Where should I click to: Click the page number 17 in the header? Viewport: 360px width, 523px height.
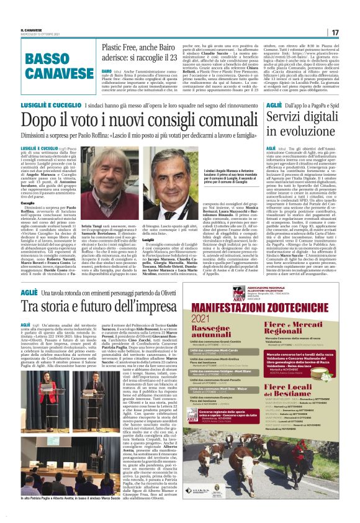pos(335,32)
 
